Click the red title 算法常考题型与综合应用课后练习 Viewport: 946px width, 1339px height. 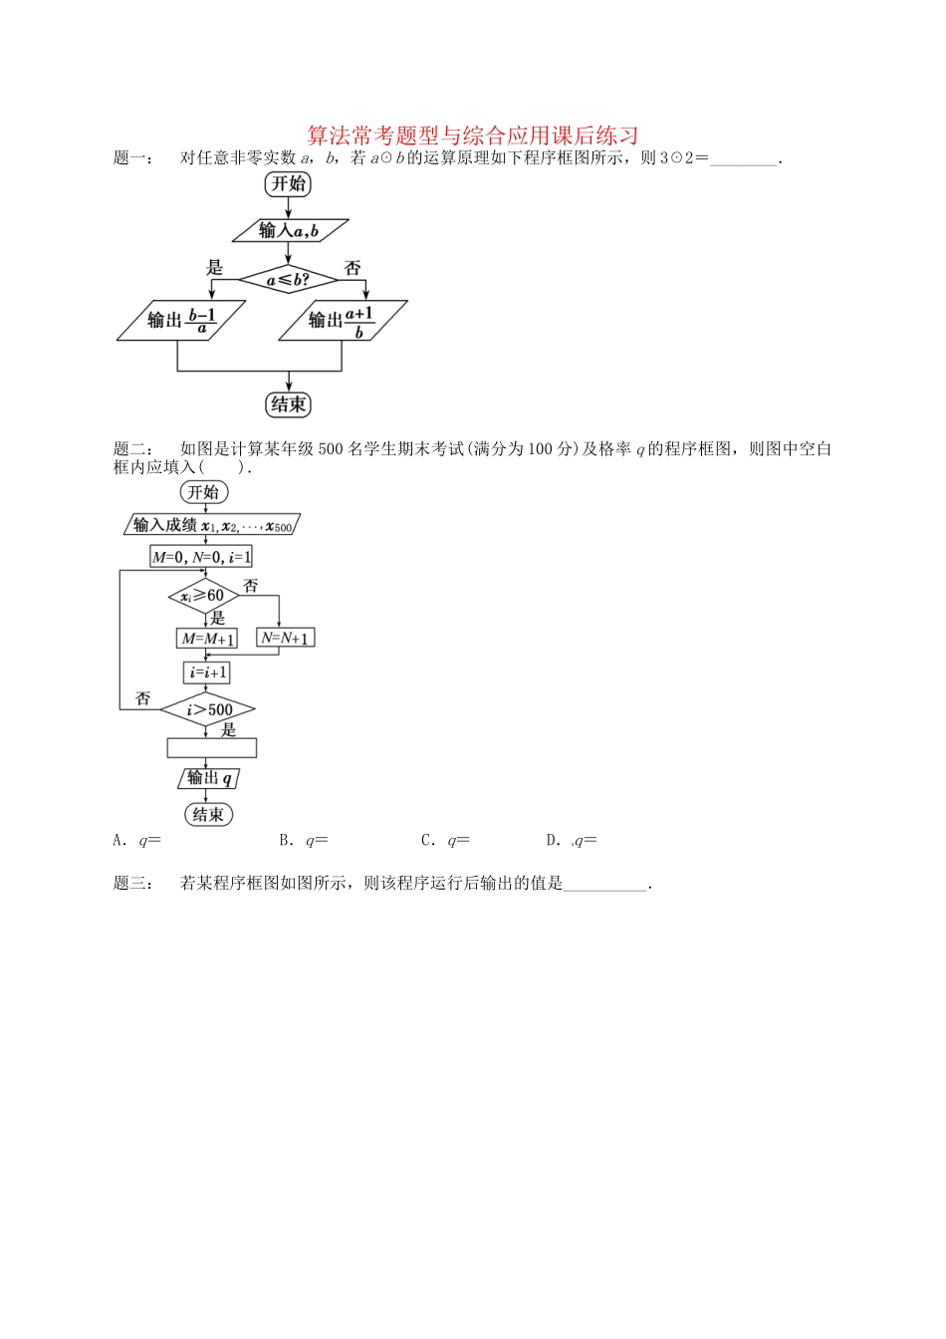pyautogui.click(x=472, y=134)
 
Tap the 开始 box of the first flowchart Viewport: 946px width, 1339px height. pyautogui.click(x=288, y=183)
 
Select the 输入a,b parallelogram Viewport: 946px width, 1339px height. pyautogui.click(x=290, y=230)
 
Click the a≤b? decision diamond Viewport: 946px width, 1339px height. pyautogui.click(x=289, y=280)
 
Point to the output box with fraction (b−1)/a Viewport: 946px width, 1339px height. pyautogui.click(x=180, y=320)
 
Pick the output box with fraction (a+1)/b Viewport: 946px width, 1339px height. pyautogui.click(x=343, y=320)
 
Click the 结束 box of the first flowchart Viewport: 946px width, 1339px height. pyautogui.click(x=288, y=404)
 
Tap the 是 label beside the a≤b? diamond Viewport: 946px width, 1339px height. pyautogui.click(x=214, y=267)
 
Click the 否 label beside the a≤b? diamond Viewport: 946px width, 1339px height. pyautogui.click(x=353, y=267)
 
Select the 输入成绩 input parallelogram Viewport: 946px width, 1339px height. pyautogui.click(x=213, y=525)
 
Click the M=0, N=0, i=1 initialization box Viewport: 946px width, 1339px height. pyautogui.click(x=202, y=557)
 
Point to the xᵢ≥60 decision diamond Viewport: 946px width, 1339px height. pyautogui.click(x=204, y=596)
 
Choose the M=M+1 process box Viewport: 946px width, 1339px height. pyautogui.click(x=208, y=639)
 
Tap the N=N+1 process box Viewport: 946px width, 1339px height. pyautogui.click(x=286, y=638)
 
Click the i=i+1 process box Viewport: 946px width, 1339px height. pyautogui.click(x=207, y=673)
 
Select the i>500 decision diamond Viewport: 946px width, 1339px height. pyautogui.click(x=208, y=709)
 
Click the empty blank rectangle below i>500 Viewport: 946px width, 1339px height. pyautogui.click(x=211, y=747)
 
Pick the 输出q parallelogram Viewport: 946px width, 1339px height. pyautogui.click(x=209, y=778)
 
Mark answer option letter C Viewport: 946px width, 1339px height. pyautogui.click(x=427, y=840)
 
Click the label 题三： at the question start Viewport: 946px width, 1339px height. pyautogui.click(x=133, y=883)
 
